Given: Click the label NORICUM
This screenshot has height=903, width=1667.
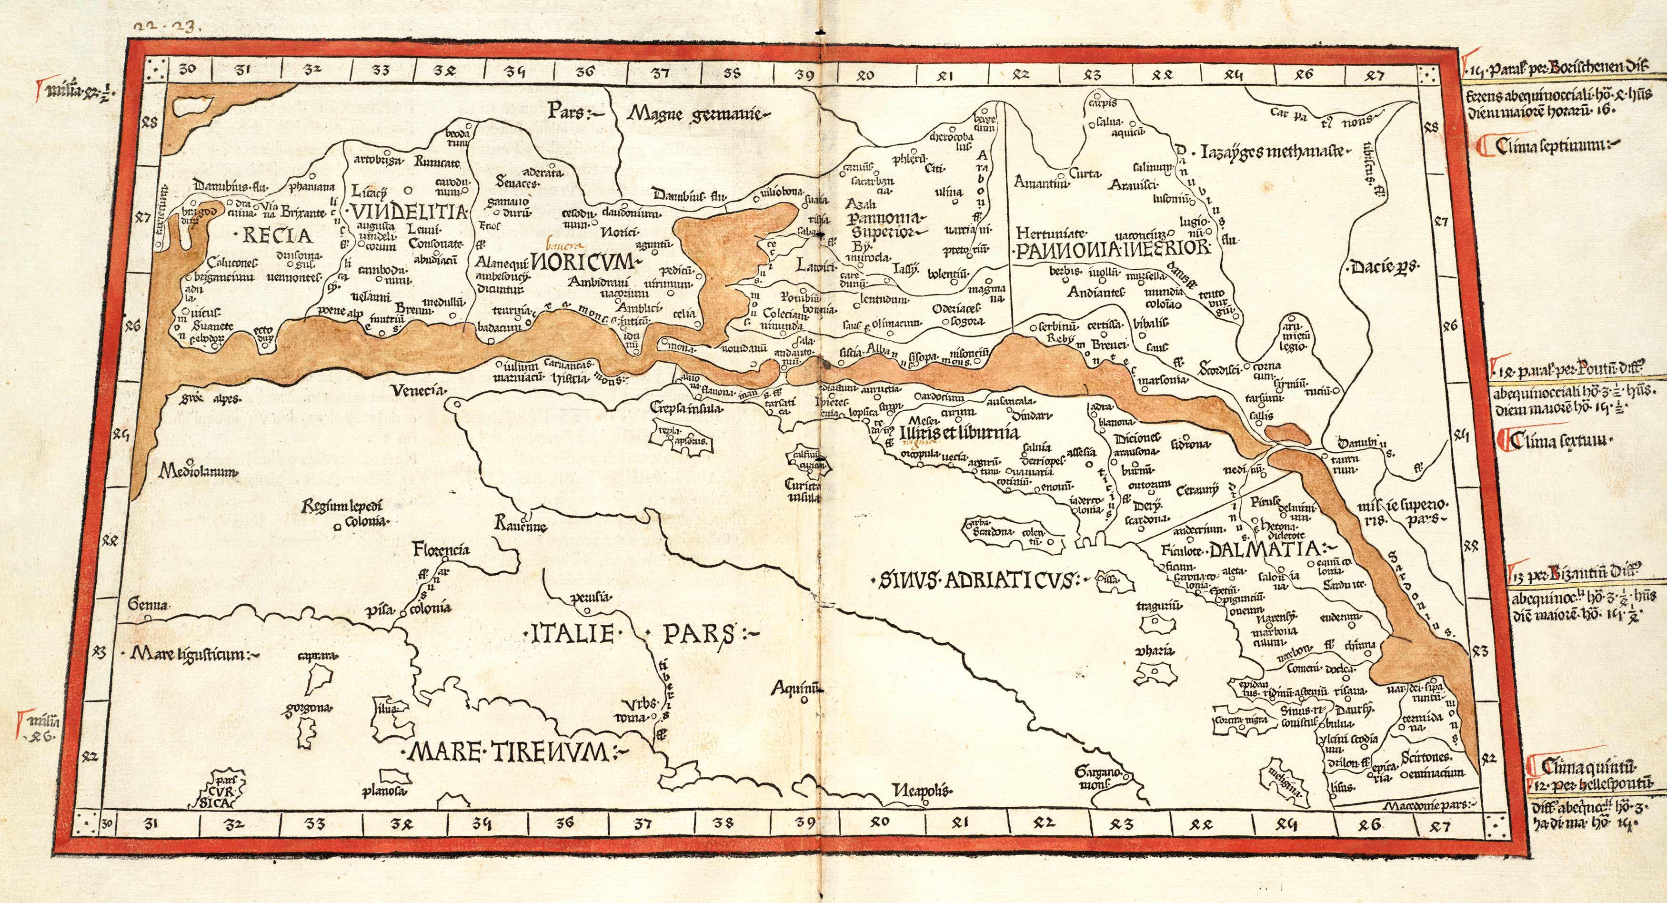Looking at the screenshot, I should tap(584, 264).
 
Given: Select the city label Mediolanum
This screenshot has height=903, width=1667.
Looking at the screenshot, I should tap(198, 472).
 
